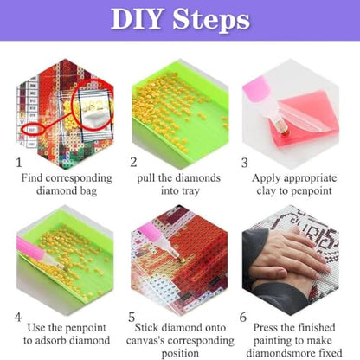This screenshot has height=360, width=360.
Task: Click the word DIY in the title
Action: pos(136,19)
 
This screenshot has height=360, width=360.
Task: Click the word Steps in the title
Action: pos(211,21)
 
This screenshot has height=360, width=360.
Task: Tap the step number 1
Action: pos(19,163)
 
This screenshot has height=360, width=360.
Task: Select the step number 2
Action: pos(133,162)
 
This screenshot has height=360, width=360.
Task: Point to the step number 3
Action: pos(245,163)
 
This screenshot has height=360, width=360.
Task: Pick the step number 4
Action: pos(18,318)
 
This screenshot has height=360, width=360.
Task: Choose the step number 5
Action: pos(132,318)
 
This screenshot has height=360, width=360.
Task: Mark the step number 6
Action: pos(243,318)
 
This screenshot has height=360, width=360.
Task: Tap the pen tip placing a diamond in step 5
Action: pos(182,260)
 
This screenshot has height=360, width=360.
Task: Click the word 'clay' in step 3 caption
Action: pos(266,190)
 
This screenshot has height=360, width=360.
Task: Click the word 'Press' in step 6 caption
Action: pos(266,327)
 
